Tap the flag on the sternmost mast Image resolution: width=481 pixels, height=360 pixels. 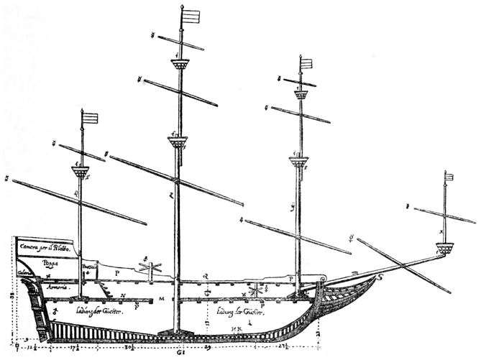pyautogui.click(x=91, y=118)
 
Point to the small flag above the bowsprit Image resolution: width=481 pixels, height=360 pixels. pyautogui.click(x=449, y=177)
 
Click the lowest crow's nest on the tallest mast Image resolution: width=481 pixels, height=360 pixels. pyautogui.click(x=178, y=142)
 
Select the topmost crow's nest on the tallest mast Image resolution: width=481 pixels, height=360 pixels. pyautogui.click(x=180, y=65)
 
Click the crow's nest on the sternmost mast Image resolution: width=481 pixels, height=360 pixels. pyautogui.click(x=81, y=172)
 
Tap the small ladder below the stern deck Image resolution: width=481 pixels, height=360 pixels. pyautogui.click(x=104, y=290)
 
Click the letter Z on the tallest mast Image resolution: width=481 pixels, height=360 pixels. pyautogui.click(x=173, y=195)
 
